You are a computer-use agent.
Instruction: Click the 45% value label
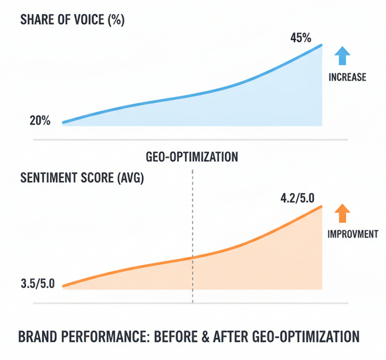(x=301, y=38)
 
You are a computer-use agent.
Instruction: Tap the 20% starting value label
(x=40, y=121)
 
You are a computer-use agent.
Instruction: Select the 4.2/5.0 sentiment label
(x=297, y=198)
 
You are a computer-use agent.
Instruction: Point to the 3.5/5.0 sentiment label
(x=38, y=283)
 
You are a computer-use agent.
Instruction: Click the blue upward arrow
(x=342, y=56)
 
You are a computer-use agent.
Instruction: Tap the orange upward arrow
(x=342, y=213)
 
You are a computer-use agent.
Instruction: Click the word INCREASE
(x=347, y=77)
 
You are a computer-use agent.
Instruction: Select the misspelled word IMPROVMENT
(x=353, y=234)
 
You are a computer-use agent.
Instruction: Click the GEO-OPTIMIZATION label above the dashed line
(x=192, y=157)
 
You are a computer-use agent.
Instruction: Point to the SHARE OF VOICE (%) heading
(x=73, y=20)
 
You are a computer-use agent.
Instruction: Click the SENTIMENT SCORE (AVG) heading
(x=82, y=178)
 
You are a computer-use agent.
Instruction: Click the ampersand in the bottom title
(x=205, y=337)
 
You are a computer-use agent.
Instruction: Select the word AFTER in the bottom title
(x=230, y=337)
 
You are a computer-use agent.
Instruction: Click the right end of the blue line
(x=321, y=45)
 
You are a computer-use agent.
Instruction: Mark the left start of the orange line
(x=63, y=286)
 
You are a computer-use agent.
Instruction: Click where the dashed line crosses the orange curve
(x=192, y=258)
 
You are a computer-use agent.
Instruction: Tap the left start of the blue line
(x=63, y=122)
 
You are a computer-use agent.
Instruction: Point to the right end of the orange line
(x=321, y=206)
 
